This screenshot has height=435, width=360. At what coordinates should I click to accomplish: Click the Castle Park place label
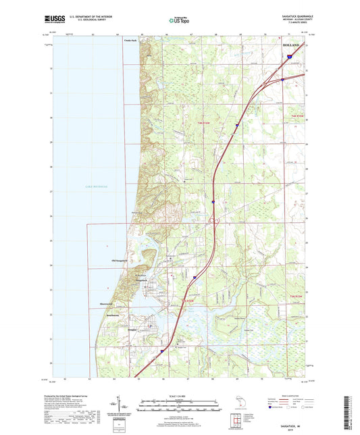(x=130, y=41)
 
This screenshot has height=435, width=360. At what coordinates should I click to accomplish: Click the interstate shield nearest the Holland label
(x=286, y=59)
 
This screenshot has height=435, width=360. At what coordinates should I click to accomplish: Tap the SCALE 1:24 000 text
(x=179, y=394)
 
